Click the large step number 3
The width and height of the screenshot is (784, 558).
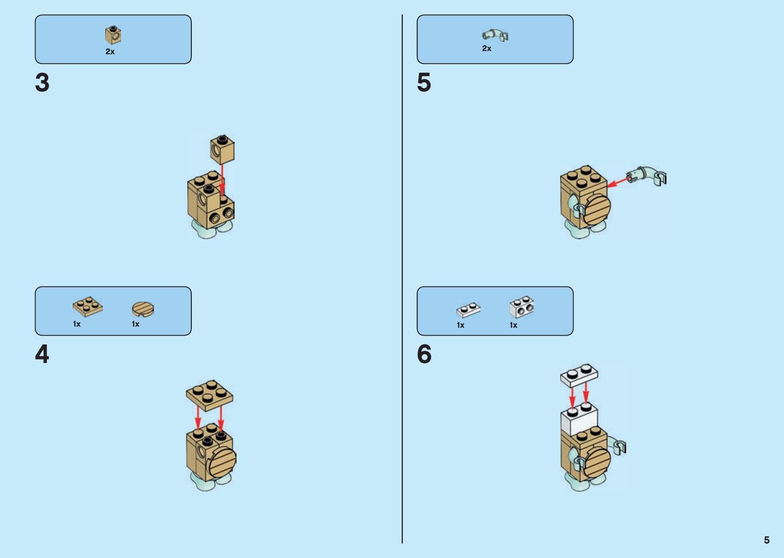tap(42, 83)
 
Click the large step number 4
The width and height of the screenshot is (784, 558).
tap(42, 354)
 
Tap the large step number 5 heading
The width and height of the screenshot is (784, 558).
tap(424, 83)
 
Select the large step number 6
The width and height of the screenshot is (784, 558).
tap(424, 354)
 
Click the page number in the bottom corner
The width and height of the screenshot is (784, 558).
tap(766, 540)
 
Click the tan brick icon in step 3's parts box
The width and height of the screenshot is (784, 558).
tap(113, 35)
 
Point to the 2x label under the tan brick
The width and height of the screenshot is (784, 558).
tap(110, 52)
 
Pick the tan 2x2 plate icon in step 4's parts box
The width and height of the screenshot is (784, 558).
tap(88, 307)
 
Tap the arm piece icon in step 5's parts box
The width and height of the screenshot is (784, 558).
tap(495, 35)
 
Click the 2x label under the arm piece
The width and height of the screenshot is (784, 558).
tap(486, 49)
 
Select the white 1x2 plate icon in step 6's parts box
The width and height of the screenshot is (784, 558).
tap(468, 310)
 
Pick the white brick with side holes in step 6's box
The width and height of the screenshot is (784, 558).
tap(521, 307)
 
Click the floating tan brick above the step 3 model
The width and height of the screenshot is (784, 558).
tap(222, 150)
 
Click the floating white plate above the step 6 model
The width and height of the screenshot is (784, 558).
tap(579, 375)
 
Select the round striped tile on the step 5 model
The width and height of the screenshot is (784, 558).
tap(597, 209)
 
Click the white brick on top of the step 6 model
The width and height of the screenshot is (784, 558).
tap(579, 419)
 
